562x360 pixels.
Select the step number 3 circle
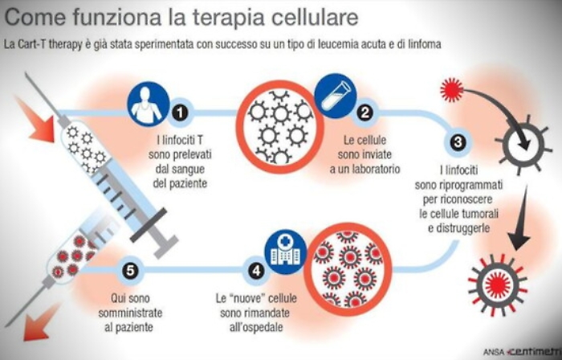pyautogui.click(x=458, y=144)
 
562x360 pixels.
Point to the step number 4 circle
pyautogui.click(x=257, y=271)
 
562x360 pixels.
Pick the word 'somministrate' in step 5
pyautogui.click(x=133, y=313)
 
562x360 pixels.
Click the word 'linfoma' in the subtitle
pyautogui.click(x=421, y=43)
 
